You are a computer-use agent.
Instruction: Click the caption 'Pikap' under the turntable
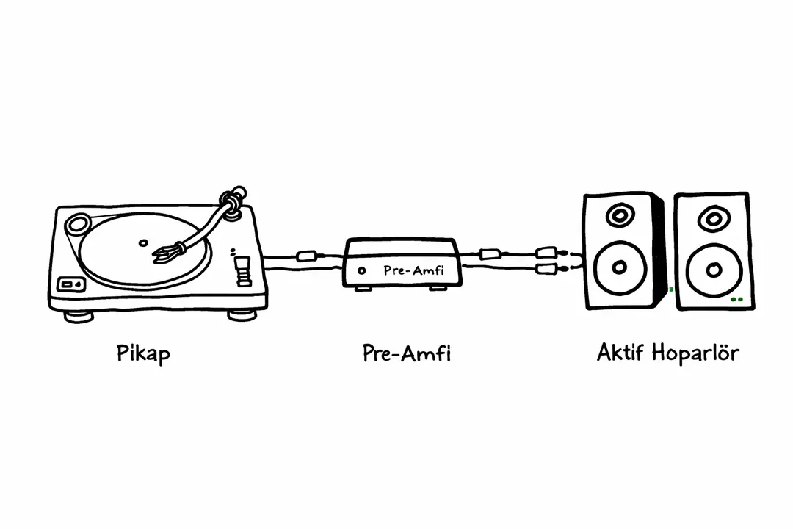click(x=143, y=353)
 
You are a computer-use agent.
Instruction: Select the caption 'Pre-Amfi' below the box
click(x=406, y=353)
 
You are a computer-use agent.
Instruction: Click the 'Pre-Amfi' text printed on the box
click(x=413, y=270)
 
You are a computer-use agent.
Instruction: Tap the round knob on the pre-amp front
click(x=361, y=270)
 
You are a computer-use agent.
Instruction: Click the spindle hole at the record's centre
click(x=142, y=241)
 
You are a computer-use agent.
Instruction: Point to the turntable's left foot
click(x=79, y=315)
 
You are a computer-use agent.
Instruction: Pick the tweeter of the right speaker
click(x=711, y=218)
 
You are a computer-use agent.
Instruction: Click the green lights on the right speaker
click(x=737, y=300)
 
